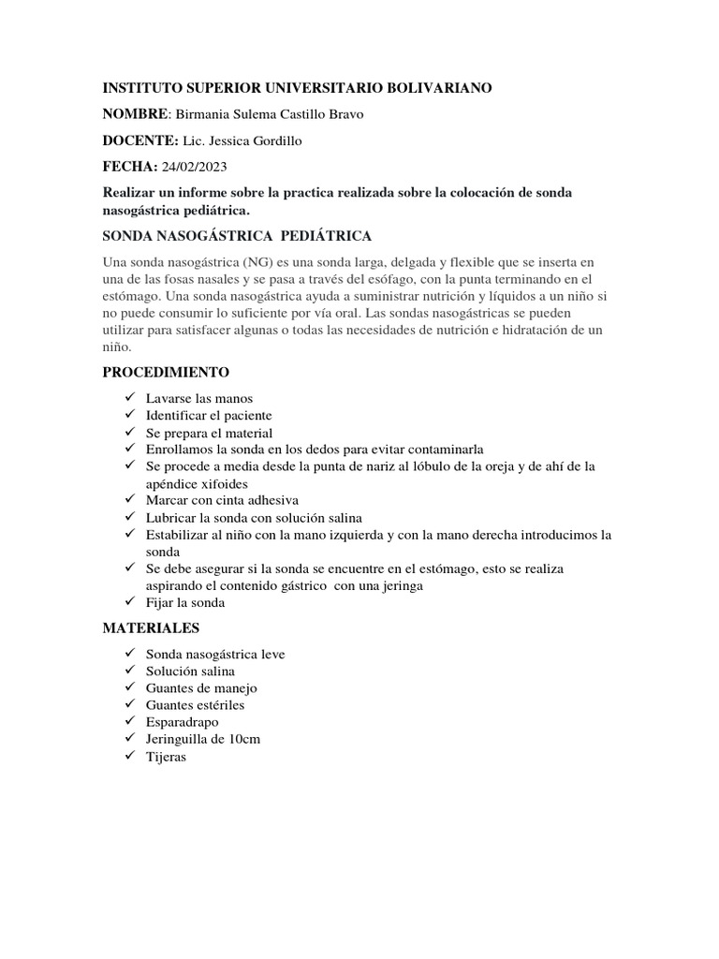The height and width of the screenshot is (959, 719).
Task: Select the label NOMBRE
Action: pos(135,114)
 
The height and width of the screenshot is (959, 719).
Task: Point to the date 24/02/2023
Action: pos(195,167)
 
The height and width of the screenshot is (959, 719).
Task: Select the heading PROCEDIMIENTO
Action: pos(166,373)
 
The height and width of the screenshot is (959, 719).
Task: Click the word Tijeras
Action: pos(167,756)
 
